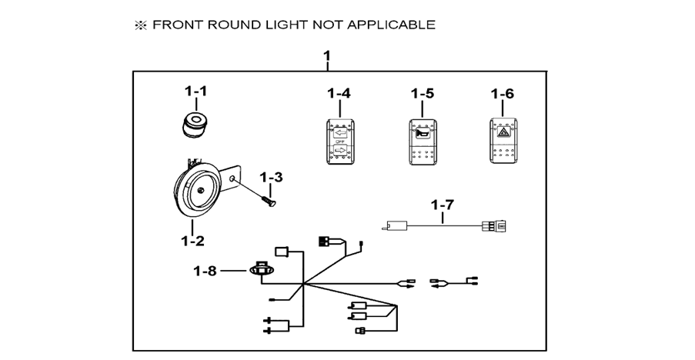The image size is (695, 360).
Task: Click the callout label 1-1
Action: point(195,92)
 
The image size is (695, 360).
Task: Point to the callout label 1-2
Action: point(192,240)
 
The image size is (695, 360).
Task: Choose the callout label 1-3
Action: point(271,177)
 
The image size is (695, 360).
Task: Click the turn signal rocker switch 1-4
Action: point(339,141)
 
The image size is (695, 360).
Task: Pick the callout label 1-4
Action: point(339,94)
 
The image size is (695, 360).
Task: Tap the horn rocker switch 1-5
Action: point(423,141)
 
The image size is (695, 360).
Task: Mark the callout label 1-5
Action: point(423,94)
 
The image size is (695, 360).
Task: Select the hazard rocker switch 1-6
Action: point(505,141)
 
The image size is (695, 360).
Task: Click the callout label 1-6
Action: point(503,94)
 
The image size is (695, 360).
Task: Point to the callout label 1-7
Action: point(443,205)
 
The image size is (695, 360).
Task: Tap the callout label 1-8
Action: point(205,271)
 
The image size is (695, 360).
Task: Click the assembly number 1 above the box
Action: point(327,56)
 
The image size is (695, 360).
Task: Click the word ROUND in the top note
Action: point(229,25)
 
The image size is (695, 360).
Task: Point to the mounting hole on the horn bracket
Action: point(231,178)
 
